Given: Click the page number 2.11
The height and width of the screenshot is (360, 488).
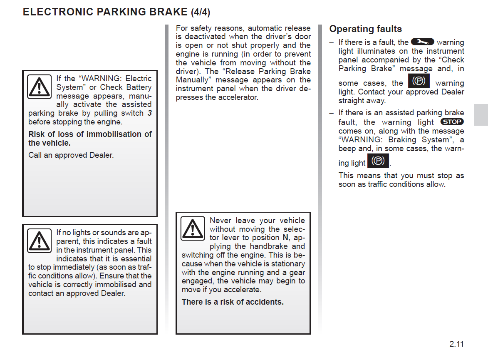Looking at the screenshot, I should pyautogui.click(x=456, y=344).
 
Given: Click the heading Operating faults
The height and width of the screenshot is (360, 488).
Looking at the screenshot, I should pyautogui.click(x=365, y=29).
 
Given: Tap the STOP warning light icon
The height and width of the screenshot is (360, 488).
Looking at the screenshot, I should pyautogui.click(x=451, y=122).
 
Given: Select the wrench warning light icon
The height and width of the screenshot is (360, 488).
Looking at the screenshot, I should pyautogui.click(x=422, y=42).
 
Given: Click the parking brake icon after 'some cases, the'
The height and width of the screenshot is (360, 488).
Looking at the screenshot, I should pyautogui.click(x=419, y=81).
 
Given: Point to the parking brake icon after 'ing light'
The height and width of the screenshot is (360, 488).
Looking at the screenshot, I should pyautogui.click(x=378, y=161).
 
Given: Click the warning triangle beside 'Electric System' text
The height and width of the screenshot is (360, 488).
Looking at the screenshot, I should pyautogui.click(x=40, y=87).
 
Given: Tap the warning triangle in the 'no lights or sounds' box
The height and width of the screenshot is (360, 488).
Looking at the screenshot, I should pyautogui.click(x=39, y=241).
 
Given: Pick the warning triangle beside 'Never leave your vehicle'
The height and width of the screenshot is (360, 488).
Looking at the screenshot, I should pyautogui.click(x=193, y=228).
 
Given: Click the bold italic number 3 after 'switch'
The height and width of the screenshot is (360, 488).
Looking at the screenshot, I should pyautogui.click(x=149, y=113).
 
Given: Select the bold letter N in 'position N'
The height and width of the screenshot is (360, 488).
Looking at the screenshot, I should pyautogui.click(x=285, y=238).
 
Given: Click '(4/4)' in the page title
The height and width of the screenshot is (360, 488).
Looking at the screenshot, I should pyautogui.click(x=200, y=12).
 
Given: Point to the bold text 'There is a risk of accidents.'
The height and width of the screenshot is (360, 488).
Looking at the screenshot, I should pyautogui.click(x=233, y=302).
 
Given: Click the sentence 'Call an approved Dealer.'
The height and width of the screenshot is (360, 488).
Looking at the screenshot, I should pyautogui.click(x=71, y=155).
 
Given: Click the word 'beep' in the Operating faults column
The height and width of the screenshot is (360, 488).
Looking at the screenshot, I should pyautogui.click(x=348, y=149).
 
